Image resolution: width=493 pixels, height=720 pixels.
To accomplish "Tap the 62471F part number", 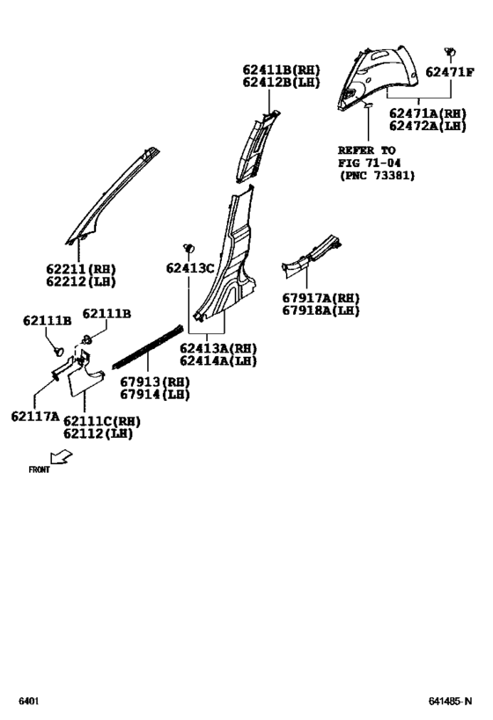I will click(x=451, y=73).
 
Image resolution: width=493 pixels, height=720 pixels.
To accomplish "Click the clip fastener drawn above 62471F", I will click(x=450, y=53).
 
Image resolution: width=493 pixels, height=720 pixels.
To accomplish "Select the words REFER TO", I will click(x=367, y=149).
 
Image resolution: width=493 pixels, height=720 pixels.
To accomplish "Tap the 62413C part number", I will click(x=190, y=268).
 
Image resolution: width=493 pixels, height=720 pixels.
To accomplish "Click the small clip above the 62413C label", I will click(x=188, y=249).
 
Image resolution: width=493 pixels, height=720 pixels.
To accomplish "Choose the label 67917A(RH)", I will click(x=320, y=298).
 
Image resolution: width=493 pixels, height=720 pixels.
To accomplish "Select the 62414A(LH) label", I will click(x=217, y=360).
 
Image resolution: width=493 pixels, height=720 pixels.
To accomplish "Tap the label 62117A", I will click(x=35, y=416).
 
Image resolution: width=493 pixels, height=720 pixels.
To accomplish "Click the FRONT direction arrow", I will click(x=62, y=456).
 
